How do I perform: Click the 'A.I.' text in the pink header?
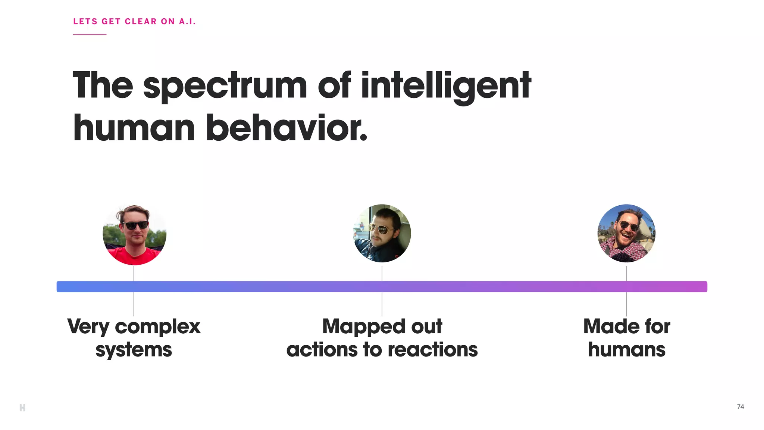187,22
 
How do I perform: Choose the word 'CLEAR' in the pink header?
141,22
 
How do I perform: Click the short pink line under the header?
90,34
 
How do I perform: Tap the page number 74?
740,406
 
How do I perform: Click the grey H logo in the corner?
22,408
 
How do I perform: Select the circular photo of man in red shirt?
134,234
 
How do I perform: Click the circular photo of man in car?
382,233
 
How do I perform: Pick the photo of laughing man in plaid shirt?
626,233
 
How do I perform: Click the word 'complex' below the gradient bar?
157,327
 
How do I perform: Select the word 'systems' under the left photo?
134,350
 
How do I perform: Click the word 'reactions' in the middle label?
433,350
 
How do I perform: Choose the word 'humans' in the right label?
626,350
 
